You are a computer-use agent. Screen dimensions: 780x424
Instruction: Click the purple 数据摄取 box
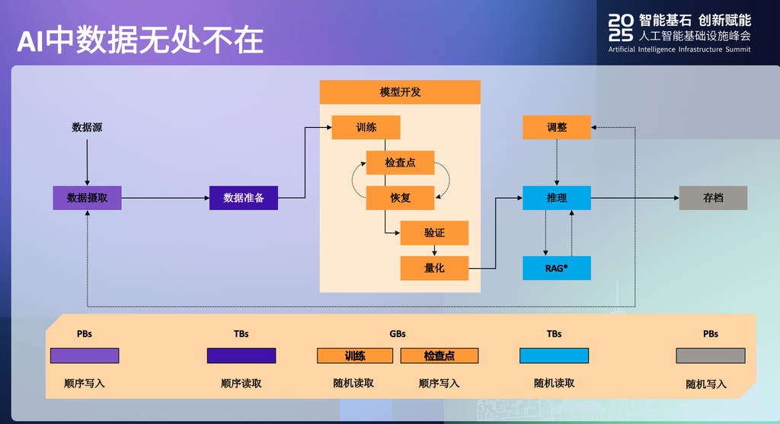pyautogui.click(x=87, y=198)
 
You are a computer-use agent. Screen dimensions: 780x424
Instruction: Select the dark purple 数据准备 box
pyautogui.click(x=243, y=198)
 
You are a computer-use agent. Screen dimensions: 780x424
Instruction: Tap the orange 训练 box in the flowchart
pyautogui.click(x=366, y=127)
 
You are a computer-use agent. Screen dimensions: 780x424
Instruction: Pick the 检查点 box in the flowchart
pyautogui.click(x=400, y=163)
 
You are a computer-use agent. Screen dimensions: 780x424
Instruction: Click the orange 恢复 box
pyautogui.click(x=400, y=198)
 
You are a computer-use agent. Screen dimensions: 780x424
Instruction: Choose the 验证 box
pyautogui.click(x=434, y=233)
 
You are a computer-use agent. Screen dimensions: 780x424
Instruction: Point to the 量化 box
pyautogui.click(x=434, y=268)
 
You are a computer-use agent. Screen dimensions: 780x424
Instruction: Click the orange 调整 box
pyautogui.click(x=557, y=127)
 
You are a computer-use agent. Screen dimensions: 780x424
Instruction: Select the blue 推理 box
pyautogui.click(x=557, y=198)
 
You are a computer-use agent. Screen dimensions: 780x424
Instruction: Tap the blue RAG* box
pyautogui.click(x=557, y=268)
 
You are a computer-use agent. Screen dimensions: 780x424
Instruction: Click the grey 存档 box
pyautogui.click(x=713, y=198)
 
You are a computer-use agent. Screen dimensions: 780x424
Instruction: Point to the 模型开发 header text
pyautogui.click(x=400, y=92)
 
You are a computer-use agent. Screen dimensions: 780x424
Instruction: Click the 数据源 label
pyautogui.click(x=87, y=127)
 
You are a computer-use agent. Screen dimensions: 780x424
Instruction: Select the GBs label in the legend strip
pyautogui.click(x=398, y=334)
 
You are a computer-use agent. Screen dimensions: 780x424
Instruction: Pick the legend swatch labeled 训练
pyautogui.click(x=355, y=356)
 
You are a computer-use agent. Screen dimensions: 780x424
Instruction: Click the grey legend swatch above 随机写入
pyautogui.click(x=711, y=356)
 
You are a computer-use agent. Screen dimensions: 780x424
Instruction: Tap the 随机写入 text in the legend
pyautogui.click(x=706, y=384)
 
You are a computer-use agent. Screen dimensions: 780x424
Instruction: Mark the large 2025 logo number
pyautogui.click(x=621, y=28)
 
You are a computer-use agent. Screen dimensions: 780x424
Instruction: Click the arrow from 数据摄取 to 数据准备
pyautogui.click(x=165, y=198)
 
